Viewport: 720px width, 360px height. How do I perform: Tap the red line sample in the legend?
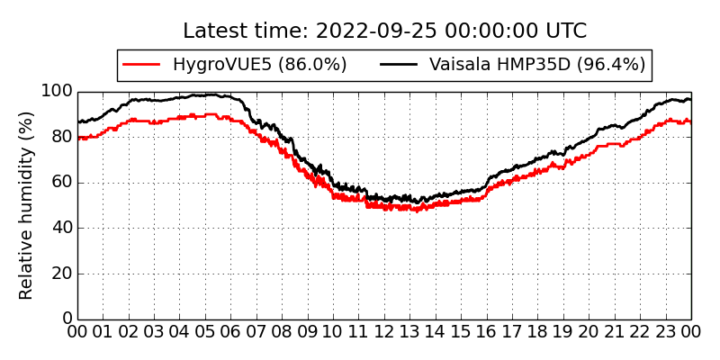click(142, 65)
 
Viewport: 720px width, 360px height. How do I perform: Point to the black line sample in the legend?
click(398, 65)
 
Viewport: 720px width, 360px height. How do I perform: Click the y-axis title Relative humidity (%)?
click(27, 205)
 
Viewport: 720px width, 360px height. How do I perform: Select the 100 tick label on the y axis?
click(57, 92)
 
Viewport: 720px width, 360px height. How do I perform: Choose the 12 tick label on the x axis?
click(385, 331)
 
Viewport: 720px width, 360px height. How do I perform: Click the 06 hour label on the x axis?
click(231, 331)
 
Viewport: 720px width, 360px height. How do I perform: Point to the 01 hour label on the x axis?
click(103, 331)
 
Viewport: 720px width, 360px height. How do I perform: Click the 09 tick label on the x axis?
click(308, 331)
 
